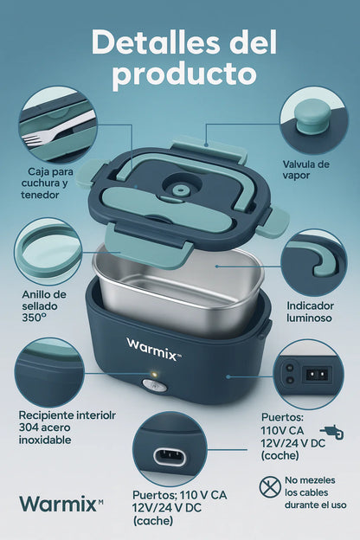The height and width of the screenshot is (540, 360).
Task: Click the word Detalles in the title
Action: point(155,42)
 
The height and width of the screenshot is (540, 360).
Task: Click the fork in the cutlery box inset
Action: point(55,131)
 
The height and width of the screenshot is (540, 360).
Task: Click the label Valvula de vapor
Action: point(306,170)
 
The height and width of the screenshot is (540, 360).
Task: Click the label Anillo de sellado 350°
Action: point(44,305)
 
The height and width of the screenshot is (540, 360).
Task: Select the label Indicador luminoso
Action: point(310,312)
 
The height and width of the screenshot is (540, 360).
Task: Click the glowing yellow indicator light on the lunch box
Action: point(154,375)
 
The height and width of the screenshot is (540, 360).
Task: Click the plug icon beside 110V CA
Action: point(331,432)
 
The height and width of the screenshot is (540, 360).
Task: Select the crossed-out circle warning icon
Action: point(270,487)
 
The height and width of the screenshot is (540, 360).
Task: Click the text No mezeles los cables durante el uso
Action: point(315,492)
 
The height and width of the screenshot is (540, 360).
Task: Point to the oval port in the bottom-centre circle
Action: point(170,458)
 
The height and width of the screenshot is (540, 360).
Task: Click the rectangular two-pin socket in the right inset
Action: point(317,374)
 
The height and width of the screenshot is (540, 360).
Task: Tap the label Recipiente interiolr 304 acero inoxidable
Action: point(67,427)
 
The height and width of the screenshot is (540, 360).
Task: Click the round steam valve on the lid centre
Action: point(179,190)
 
